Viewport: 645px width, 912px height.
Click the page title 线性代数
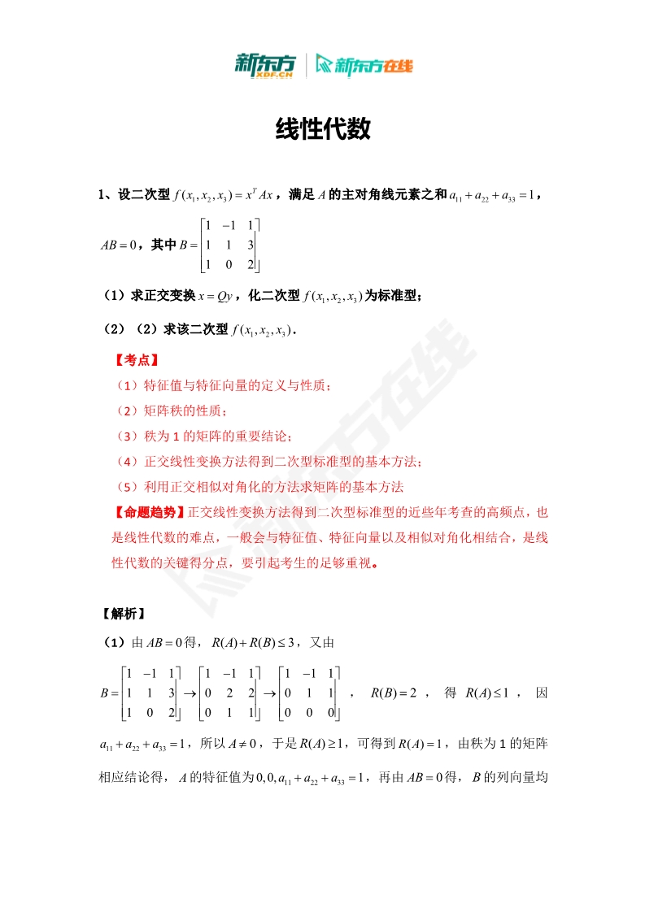click(x=323, y=128)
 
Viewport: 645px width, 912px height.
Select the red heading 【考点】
click(x=135, y=360)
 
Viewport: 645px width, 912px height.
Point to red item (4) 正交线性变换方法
click(x=268, y=462)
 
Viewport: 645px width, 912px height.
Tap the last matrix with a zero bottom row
click(x=308, y=693)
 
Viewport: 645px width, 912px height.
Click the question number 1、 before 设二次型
click(x=106, y=194)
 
